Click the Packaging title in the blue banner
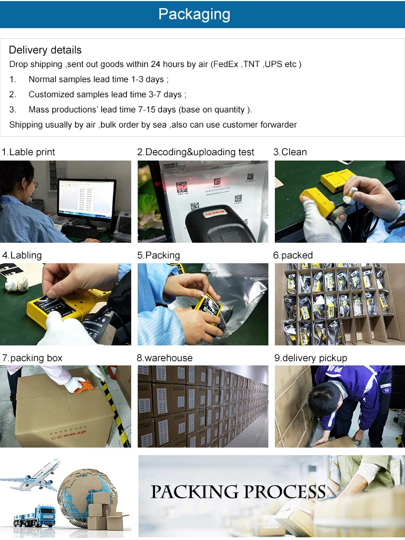tap(194, 15)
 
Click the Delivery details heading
tap(45, 50)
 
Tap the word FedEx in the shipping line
tap(226, 64)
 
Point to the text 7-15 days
tap(157, 110)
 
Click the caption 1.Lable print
tap(28, 152)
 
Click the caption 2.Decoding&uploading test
tap(195, 152)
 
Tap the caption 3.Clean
tap(290, 152)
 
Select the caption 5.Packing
tap(158, 255)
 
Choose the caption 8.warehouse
tap(165, 358)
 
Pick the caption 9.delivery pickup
tap(310, 358)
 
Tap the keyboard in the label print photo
tap(83, 232)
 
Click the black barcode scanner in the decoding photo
tap(221, 225)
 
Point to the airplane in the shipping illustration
tap(33, 475)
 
